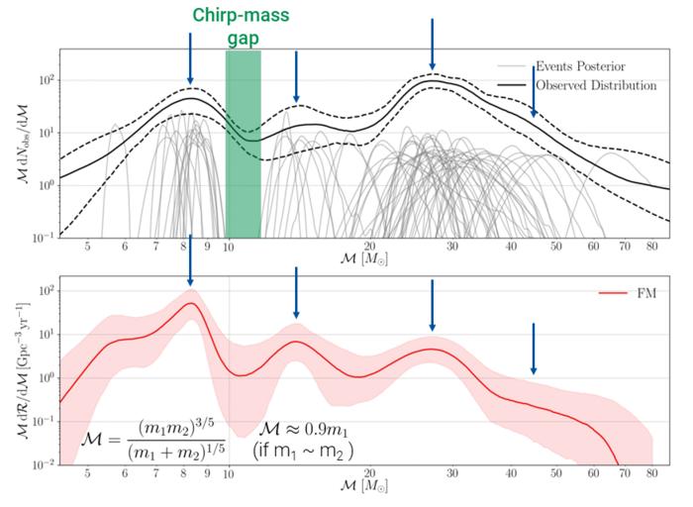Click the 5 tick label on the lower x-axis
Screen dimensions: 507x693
point(88,473)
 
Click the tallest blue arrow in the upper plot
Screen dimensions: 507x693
point(432,44)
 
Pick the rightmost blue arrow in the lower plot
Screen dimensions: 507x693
point(533,348)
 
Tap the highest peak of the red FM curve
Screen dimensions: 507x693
point(190,303)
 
